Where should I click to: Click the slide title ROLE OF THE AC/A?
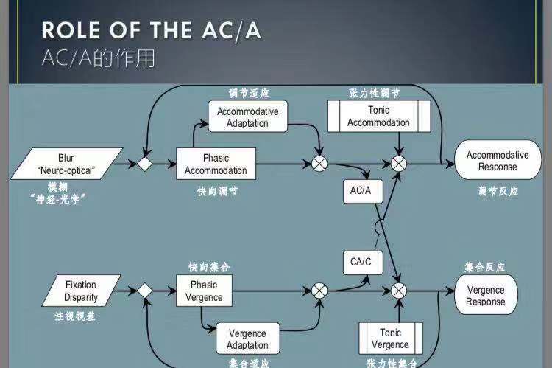pos(151,31)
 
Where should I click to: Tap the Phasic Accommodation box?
pos(216,164)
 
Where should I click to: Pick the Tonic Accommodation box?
pos(378,117)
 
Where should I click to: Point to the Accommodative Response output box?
pos(498,161)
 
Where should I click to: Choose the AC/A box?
pos(361,190)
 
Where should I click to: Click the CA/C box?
pos(361,261)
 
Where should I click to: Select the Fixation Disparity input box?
pos(80,291)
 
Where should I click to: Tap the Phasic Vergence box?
pos(204,291)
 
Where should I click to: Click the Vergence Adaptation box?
pos(248,339)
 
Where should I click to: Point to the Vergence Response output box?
pos(486,295)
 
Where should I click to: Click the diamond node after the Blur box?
pos(145,164)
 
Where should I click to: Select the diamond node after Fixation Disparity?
pos(145,291)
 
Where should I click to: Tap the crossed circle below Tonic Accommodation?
pos(399,164)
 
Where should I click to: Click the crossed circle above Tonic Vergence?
pos(399,291)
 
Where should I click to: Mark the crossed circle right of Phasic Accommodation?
pos(320,164)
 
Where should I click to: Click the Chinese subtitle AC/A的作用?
pos(99,58)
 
